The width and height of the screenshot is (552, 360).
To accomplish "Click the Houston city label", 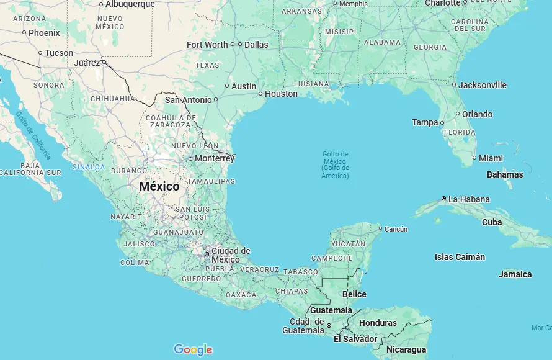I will pyautogui.click(x=281, y=94).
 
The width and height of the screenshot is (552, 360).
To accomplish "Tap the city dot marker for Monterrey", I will pyautogui.click(x=190, y=158).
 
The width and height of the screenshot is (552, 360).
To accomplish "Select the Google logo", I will pyautogui.click(x=193, y=349).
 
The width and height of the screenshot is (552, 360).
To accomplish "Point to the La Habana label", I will pyautogui.click(x=469, y=199).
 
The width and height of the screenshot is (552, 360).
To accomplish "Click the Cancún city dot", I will pyautogui.click(x=380, y=228).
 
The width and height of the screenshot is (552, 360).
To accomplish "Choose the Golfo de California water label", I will pyautogui.click(x=33, y=135).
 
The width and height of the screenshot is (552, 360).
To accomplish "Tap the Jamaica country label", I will pyautogui.click(x=515, y=274).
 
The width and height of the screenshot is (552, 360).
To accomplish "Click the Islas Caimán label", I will pyautogui.click(x=460, y=257).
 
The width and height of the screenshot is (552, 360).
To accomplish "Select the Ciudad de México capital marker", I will pyautogui.click(x=207, y=254).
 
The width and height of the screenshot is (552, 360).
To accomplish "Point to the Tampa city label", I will pyautogui.click(x=425, y=122).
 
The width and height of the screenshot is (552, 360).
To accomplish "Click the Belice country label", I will pyautogui.click(x=354, y=294).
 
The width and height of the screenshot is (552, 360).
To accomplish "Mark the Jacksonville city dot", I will pyautogui.click(x=454, y=85).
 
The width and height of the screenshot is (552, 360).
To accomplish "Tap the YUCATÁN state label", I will pyautogui.click(x=348, y=244).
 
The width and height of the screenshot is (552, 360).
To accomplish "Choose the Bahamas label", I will pyautogui.click(x=504, y=174).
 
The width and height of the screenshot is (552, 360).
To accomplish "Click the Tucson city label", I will pyautogui.click(x=59, y=53).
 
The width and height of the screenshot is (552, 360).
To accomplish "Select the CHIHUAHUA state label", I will pyautogui.click(x=112, y=99).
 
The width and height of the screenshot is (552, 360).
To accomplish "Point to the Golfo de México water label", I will pyautogui.click(x=336, y=164).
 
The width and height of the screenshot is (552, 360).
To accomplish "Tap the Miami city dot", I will pyautogui.click(x=474, y=158).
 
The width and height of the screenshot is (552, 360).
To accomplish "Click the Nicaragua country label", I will pyautogui.click(x=406, y=349).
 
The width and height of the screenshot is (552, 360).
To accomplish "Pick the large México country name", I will pyautogui.click(x=159, y=186).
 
